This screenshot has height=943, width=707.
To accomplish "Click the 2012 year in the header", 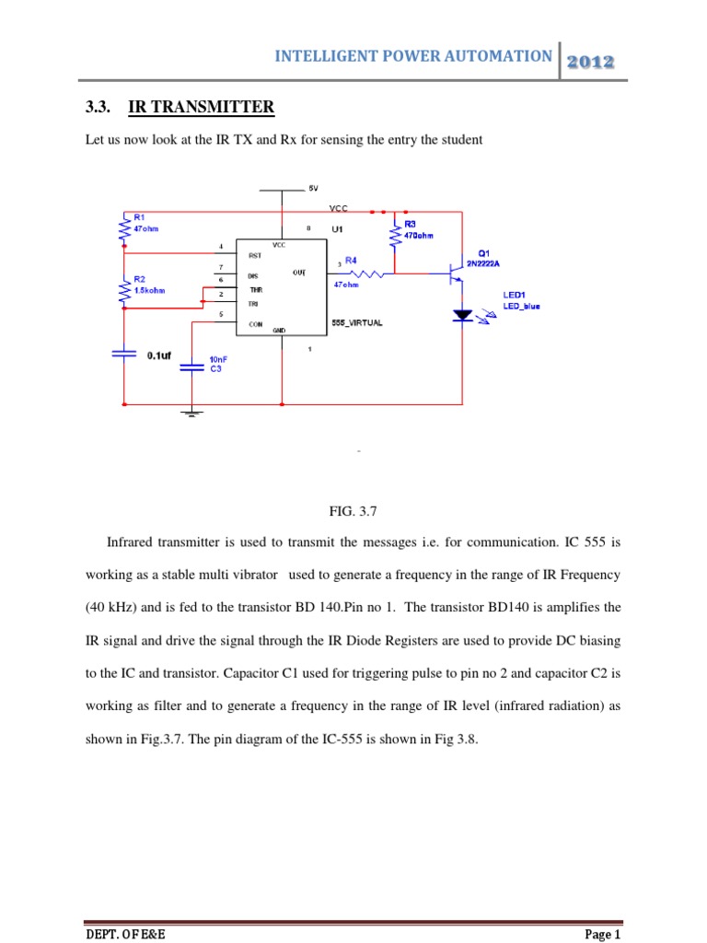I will [x=591, y=61].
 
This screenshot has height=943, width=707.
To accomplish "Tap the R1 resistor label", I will [x=128, y=218].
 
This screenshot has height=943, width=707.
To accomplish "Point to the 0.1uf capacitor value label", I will [x=160, y=353].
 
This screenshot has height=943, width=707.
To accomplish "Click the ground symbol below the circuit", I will [x=191, y=412].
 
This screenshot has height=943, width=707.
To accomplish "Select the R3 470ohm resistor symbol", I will [x=395, y=235].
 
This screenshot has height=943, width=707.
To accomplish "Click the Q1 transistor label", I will [x=484, y=252].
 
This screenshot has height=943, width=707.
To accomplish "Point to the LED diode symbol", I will [x=462, y=315].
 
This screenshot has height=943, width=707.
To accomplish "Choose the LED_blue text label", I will [x=522, y=306].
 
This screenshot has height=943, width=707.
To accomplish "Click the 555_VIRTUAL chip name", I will [x=356, y=323].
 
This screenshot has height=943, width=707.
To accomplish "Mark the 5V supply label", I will [x=313, y=188].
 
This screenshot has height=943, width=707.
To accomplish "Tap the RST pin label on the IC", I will [x=255, y=255].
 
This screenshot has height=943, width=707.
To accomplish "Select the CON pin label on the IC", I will [x=256, y=323].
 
